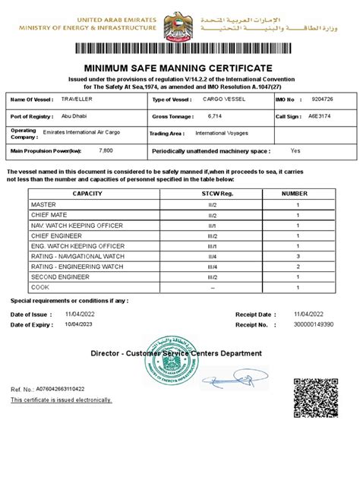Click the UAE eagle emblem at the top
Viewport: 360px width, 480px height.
(178, 24)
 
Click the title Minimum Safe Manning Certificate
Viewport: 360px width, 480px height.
(179, 69)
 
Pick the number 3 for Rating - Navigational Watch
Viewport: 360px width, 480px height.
(298, 257)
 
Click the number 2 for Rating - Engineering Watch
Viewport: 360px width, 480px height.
(298, 267)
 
